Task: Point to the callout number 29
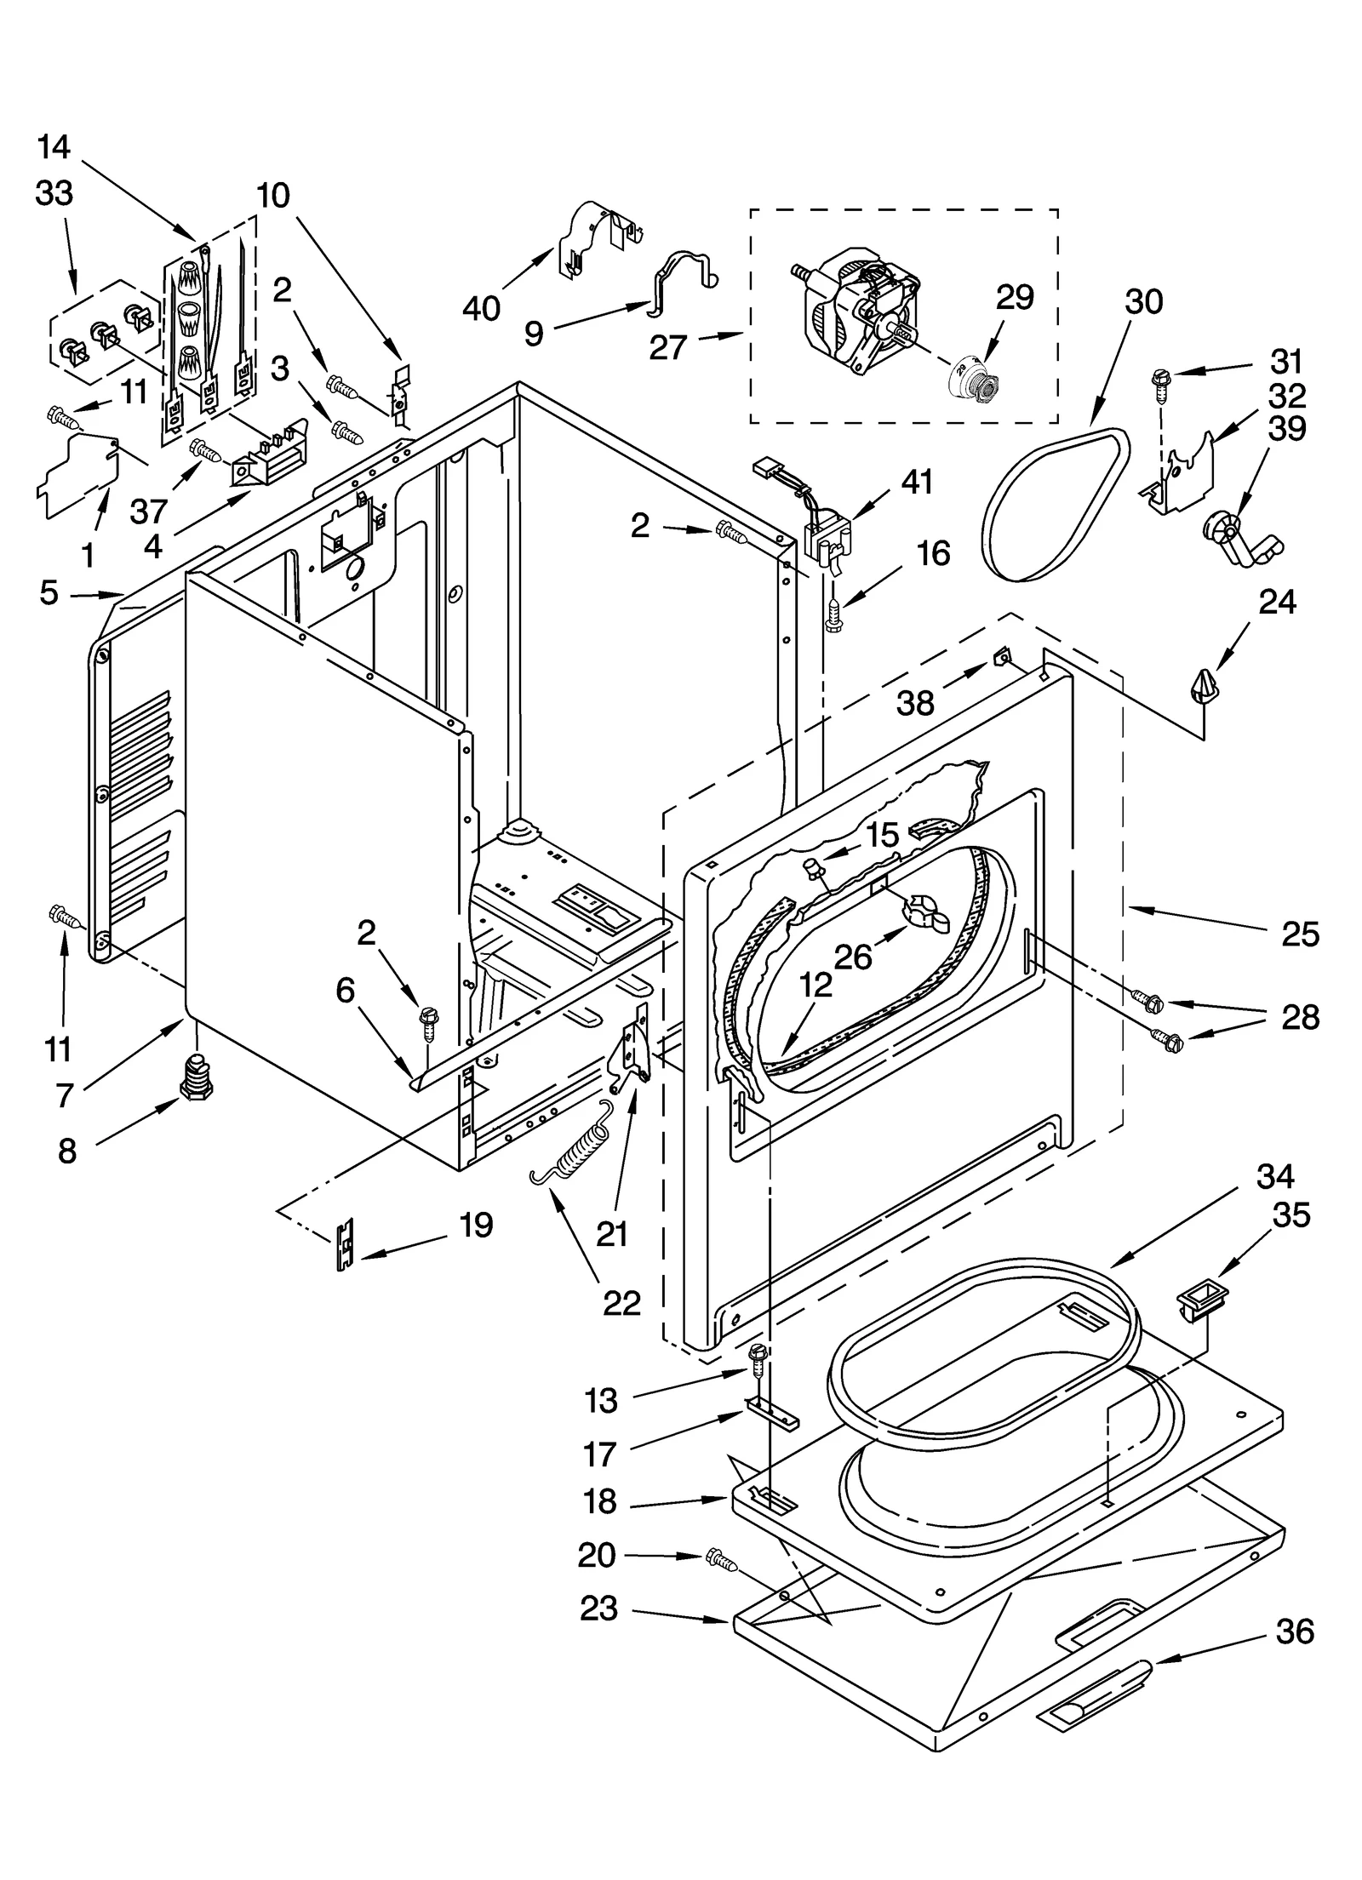1014,297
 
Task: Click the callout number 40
481,307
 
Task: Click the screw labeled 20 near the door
720,1559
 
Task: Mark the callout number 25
1300,934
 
